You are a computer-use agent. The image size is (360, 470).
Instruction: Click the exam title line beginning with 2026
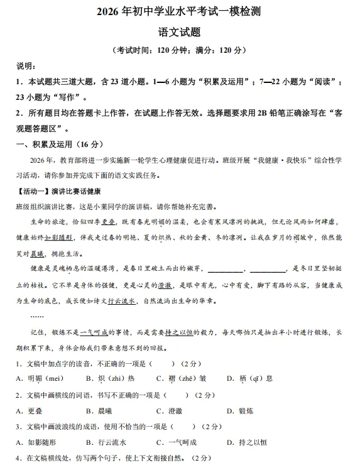(180, 11)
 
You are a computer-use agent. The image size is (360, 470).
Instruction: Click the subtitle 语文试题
(180, 31)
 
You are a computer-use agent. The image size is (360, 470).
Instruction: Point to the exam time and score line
(180, 50)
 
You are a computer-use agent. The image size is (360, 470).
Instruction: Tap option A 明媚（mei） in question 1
(40, 378)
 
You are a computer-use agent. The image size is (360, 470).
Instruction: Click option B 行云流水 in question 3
(106, 442)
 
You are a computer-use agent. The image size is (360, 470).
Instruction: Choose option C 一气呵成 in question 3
(177, 442)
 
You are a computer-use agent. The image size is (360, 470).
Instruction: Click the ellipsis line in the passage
(37, 315)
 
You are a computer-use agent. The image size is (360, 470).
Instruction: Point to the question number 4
(18, 459)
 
